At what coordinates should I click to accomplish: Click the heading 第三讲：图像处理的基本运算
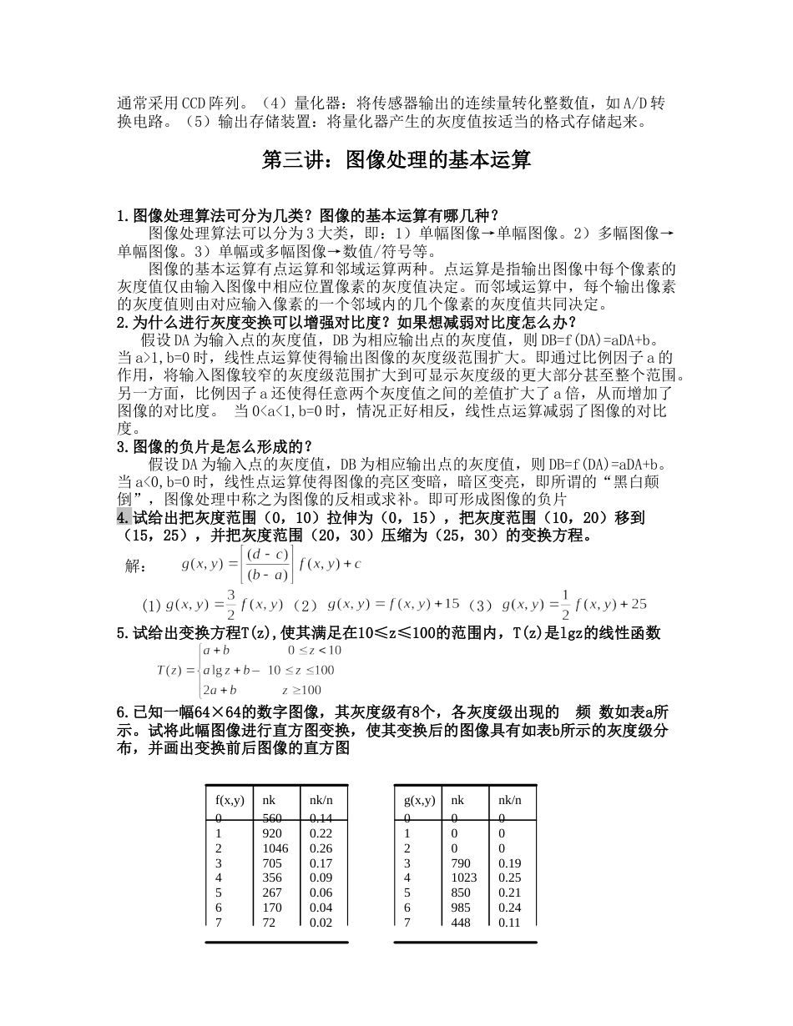click(396, 160)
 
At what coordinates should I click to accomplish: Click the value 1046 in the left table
click(275, 848)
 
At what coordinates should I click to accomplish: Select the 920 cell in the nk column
click(272, 833)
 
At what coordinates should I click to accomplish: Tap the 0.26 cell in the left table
click(321, 848)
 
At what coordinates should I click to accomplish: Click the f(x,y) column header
click(230, 800)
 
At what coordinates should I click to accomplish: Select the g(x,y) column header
click(420, 800)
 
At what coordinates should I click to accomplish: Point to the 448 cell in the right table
click(461, 923)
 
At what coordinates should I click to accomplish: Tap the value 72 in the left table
click(269, 923)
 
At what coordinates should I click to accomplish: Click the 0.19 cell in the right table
click(509, 863)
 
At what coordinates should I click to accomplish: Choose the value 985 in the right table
click(461, 908)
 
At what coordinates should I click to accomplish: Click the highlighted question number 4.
click(123, 517)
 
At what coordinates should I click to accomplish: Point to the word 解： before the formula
click(137, 566)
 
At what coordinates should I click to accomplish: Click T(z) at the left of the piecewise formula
click(169, 670)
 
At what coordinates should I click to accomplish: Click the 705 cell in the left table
click(272, 863)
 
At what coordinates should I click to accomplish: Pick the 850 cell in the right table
click(461, 893)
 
